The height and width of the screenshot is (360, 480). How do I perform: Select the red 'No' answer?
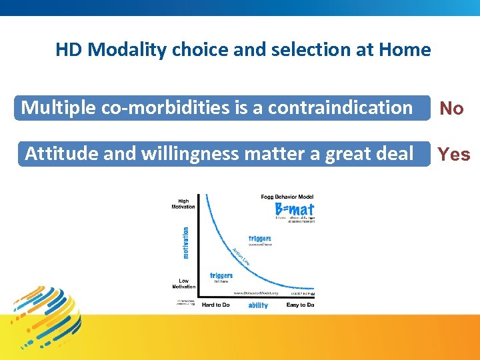[x=451, y=109]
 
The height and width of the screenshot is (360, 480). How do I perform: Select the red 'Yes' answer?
[x=453, y=155]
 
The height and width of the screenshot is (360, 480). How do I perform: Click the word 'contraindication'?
[x=340, y=107]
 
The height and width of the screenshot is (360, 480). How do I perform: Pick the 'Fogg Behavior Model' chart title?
[x=287, y=197]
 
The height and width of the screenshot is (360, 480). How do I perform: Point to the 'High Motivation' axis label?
[x=183, y=204]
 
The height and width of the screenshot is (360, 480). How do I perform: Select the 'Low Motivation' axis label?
[x=183, y=284]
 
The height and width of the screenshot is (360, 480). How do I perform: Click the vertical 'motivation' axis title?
[x=186, y=242]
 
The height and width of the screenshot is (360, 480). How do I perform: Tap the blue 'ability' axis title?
[x=257, y=305]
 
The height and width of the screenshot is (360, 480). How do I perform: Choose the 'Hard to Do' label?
[x=215, y=305]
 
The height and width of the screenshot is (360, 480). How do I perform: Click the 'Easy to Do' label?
[x=301, y=305]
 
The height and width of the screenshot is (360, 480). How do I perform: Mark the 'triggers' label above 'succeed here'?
[x=259, y=238]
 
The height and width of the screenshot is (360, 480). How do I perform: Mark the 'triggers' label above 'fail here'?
[x=221, y=275]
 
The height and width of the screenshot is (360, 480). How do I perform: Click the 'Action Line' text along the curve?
[x=240, y=256]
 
